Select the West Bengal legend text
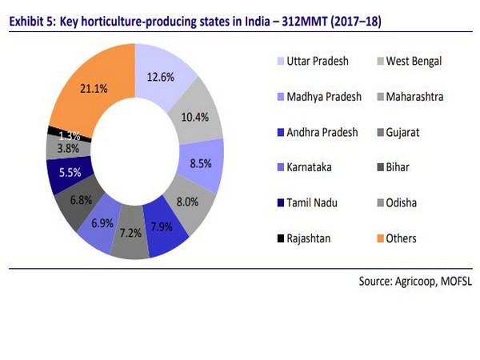416,61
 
